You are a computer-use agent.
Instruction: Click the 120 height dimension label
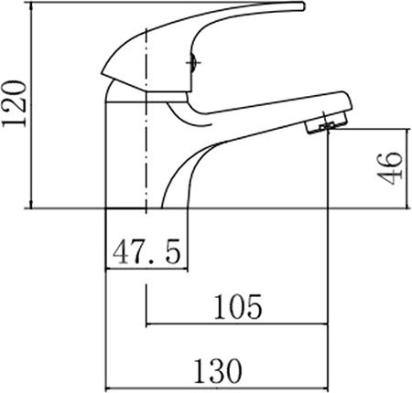13,103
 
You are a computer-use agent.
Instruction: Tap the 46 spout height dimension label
389,168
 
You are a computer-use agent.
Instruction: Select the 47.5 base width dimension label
146,252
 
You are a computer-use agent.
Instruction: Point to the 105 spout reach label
238,306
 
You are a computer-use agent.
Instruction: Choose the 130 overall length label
218,371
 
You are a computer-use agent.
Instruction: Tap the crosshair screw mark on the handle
193,63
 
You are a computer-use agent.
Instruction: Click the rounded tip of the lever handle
302,6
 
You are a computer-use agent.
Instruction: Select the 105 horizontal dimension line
237,324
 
